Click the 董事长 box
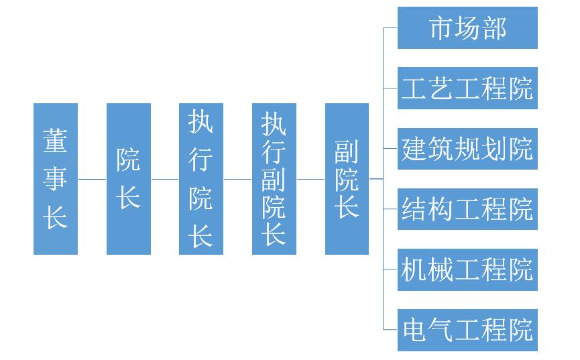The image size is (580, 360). pos(56,179)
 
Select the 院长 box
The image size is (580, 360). pos(129,179)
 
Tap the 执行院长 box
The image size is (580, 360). pos(201,179)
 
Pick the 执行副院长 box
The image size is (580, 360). pos(274,179)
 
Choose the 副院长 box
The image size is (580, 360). pos(347,179)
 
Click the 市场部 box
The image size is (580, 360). pos(467,28)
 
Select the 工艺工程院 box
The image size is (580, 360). pos(467,88)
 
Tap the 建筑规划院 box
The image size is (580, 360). pos(467,148)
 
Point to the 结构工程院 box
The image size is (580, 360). pos(467,208)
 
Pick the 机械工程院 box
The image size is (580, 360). pos(467,269)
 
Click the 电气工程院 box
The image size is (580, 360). pos(467,330)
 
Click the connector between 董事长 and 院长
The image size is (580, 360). pos(92,179)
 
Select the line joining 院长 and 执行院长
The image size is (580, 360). pos(165,179)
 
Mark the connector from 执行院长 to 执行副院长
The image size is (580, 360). pos(237,179)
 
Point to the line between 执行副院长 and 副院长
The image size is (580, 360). pos(310,179)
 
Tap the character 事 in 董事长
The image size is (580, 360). pos(56,178)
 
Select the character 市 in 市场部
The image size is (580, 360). pos(441,28)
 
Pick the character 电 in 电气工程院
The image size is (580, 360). pos(414,330)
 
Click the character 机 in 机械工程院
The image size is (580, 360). pos(414,269)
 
